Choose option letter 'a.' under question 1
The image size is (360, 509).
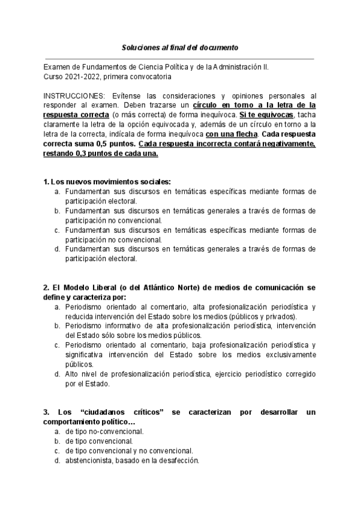click(57, 191)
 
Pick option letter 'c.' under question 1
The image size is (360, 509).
click(57, 230)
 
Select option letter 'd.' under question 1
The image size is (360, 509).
click(57, 249)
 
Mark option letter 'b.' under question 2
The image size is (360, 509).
click(57, 326)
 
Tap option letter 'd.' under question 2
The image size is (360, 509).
click(57, 374)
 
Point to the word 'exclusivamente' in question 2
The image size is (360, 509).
click(291, 354)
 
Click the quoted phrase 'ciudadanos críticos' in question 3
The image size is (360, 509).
click(122, 412)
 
